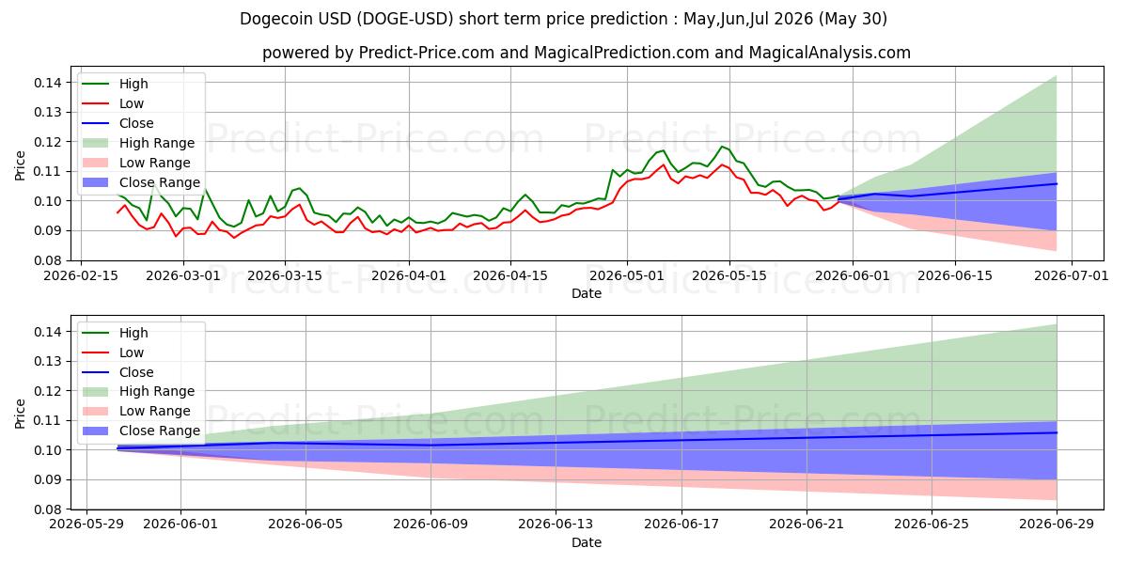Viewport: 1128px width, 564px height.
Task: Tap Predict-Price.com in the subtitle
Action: (x=426, y=53)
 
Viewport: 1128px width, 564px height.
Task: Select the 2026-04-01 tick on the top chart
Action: (x=409, y=275)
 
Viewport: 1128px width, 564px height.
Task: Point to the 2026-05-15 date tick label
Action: (x=729, y=275)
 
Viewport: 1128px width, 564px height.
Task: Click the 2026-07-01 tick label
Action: (x=1072, y=275)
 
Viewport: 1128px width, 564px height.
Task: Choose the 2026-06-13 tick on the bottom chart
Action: (x=556, y=524)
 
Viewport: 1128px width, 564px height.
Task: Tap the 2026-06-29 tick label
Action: (x=1057, y=524)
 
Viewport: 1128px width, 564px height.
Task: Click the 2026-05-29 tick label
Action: (x=86, y=524)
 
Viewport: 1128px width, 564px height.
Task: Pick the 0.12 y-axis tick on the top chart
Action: (x=48, y=142)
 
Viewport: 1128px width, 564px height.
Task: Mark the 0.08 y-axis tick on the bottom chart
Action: (x=48, y=509)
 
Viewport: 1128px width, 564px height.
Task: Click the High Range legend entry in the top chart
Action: (x=138, y=143)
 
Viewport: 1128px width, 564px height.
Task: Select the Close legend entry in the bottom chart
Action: (x=117, y=372)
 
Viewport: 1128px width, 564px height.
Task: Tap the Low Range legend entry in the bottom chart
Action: (x=136, y=411)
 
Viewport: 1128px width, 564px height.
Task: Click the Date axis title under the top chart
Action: (x=587, y=293)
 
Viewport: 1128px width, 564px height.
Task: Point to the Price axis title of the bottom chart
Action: (x=20, y=414)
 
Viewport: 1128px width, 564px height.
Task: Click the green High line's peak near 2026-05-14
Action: (x=723, y=147)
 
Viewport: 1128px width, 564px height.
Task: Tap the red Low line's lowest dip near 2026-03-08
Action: (x=234, y=238)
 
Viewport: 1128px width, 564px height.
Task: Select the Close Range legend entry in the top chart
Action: (x=140, y=182)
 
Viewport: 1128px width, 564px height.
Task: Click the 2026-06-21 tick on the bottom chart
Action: (x=807, y=524)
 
